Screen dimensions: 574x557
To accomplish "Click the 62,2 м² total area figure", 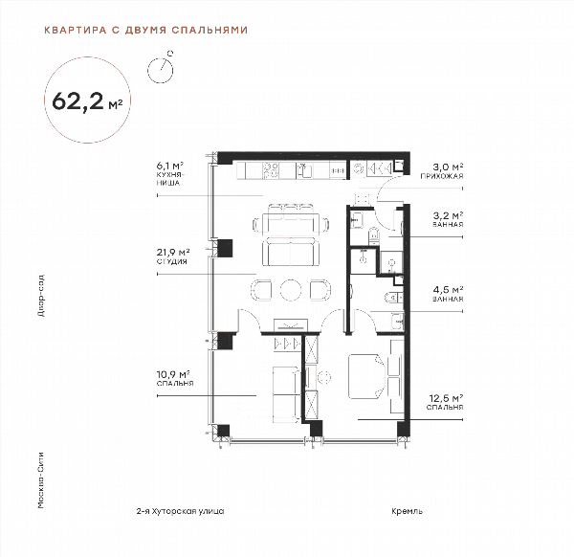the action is [87, 101].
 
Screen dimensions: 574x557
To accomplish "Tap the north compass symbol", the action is [161, 69].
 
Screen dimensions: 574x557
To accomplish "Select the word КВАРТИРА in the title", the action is [75, 30].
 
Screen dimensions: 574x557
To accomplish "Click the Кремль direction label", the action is [407, 511].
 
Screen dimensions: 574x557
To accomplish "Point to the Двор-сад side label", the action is [41, 295].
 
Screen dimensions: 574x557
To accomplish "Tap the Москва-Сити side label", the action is [41, 480].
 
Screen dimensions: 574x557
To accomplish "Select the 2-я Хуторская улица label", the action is [180, 511].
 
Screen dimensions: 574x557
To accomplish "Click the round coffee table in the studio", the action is [291, 290].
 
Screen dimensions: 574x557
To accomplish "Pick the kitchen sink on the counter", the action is [304, 170].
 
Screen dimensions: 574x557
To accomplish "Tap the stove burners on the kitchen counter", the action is [271, 170].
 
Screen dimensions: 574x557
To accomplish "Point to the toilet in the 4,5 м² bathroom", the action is [391, 297].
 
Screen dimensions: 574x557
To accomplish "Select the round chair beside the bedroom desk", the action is [323, 377].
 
